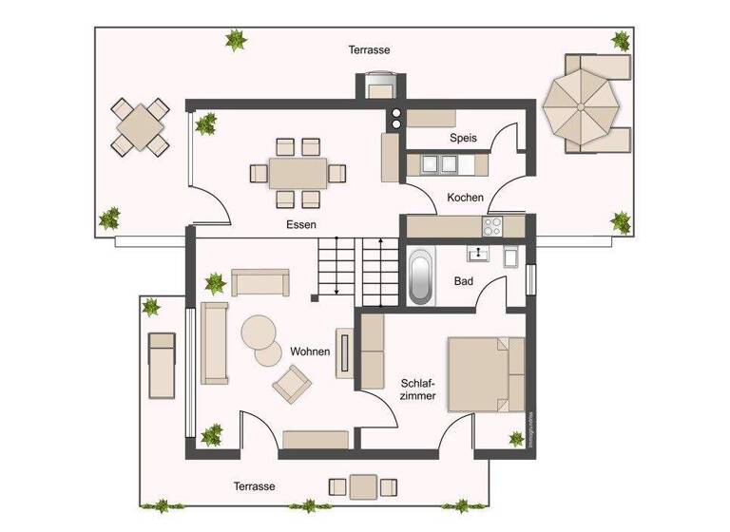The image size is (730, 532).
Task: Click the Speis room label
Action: tap(463, 138)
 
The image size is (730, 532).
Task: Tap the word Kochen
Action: tap(466, 198)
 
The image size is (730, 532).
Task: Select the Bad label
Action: tap(464, 282)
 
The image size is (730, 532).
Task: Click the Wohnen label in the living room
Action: tap(312, 351)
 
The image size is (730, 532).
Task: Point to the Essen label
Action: tap(300, 225)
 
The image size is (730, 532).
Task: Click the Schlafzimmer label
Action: tap(417, 389)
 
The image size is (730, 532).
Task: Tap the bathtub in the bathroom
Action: tap(420, 275)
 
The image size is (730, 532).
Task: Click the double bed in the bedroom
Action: tap(486, 372)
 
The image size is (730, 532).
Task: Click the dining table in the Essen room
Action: tap(298, 173)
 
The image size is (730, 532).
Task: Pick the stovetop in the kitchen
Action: tap(493, 226)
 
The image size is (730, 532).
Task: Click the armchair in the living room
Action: tap(291, 385)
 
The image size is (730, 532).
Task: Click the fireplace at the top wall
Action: tap(381, 86)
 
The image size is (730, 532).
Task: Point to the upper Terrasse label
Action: tap(369, 49)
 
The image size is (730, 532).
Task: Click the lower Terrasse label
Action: tap(254, 486)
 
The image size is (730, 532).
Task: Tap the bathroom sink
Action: tap(474, 254)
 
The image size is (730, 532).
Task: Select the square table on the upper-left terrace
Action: tap(141, 127)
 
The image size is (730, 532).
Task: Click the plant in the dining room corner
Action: tap(205, 123)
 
